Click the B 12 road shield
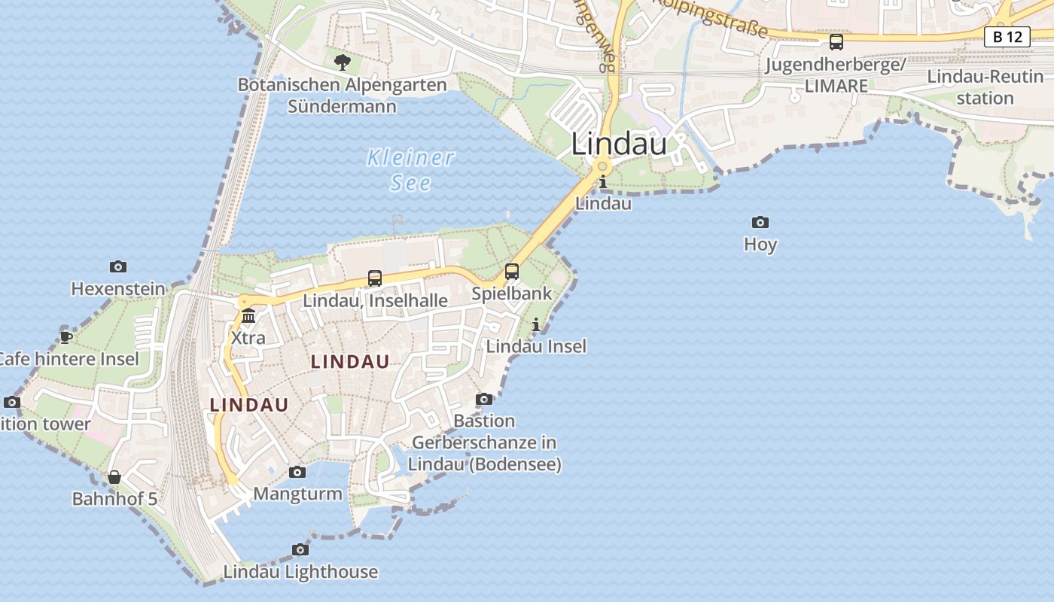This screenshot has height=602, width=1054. [1007, 36]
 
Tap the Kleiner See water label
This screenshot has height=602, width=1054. [411, 170]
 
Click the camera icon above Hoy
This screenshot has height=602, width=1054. [760, 222]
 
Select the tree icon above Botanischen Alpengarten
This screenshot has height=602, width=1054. [343, 62]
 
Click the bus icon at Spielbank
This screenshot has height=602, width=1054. [512, 272]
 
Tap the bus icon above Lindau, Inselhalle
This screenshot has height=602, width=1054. [375, 278]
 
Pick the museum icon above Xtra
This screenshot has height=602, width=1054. [248, 315]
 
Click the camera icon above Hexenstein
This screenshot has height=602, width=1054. [118, 266]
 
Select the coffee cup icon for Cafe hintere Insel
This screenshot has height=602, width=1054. [66, 336]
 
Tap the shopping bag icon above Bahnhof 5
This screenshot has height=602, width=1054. [114, 477]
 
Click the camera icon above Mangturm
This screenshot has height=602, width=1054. [297, 472]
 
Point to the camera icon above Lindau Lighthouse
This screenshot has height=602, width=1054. [300, 549]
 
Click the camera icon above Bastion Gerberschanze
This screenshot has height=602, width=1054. [484, 399]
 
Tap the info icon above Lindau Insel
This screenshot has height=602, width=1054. [536, 324]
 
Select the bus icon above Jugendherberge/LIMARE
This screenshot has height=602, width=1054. [836, 42]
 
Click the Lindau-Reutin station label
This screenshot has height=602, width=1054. [985, 87]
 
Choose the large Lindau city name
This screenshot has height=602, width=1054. [619, 144]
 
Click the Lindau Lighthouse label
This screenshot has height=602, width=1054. [301, 572]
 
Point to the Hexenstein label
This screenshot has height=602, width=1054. [118, 289]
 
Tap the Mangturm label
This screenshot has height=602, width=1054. [298, 494]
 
